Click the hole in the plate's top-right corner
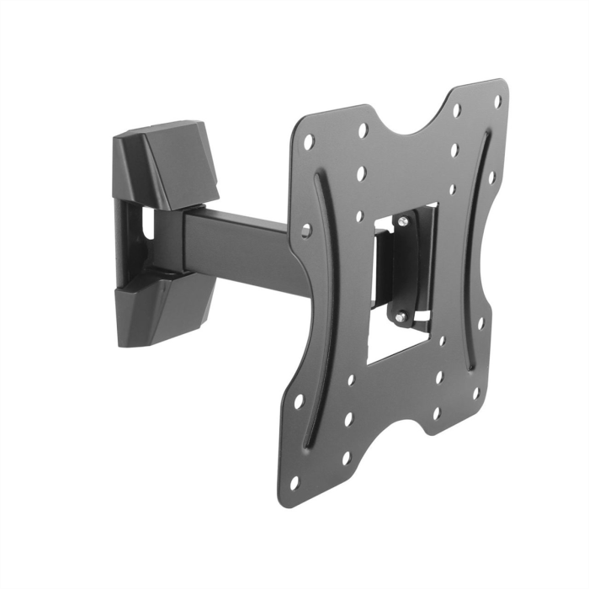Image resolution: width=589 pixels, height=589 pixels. pos(497,100)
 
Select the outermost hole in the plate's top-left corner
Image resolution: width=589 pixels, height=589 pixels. pos(309,141)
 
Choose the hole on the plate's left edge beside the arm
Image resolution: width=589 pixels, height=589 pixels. pos(305,229)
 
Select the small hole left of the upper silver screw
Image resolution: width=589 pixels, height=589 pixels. pos(359,216)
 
